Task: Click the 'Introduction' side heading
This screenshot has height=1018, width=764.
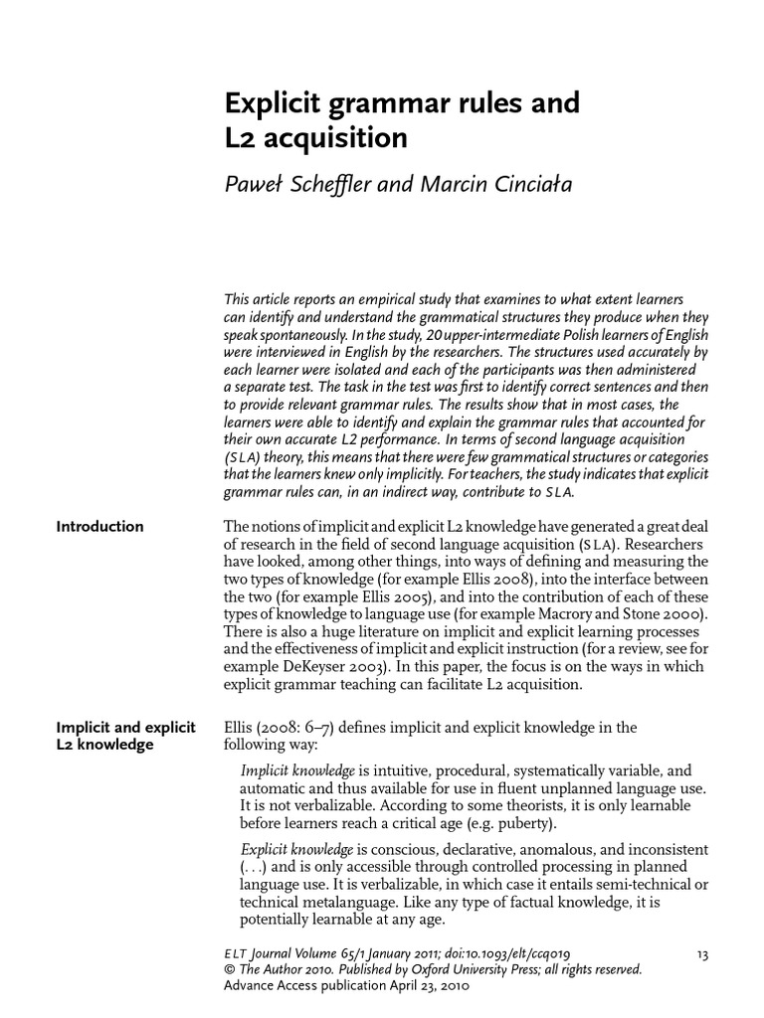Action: click(x=99, y=527)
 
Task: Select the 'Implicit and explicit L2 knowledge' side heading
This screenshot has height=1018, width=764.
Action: click(x=125, y=736)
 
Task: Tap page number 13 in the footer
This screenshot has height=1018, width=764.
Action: click(x=701, y=953)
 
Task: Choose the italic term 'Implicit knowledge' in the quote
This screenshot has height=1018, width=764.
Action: click(x=297, y=771)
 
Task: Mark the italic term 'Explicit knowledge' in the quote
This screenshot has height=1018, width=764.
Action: click(x=297, y=849)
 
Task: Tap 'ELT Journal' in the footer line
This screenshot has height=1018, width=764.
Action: click(x=262, y=953)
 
